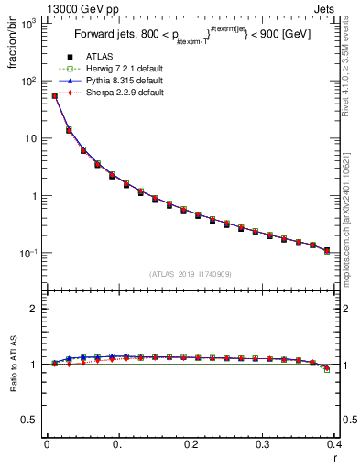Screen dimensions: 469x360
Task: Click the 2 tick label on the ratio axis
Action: (33, 309)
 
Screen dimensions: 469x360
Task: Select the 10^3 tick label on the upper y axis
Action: (27, 24)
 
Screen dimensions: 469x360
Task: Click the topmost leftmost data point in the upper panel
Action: (54, 95)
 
